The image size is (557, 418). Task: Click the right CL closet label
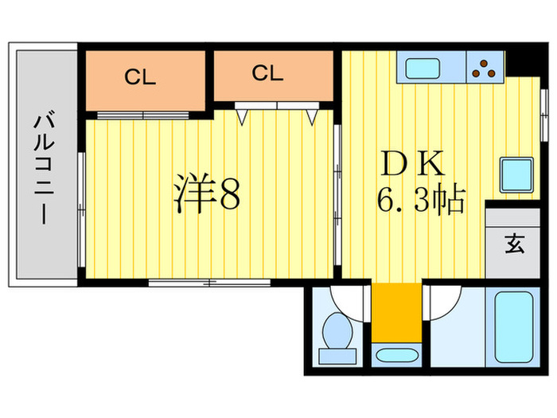tap(268, 74)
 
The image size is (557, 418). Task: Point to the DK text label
tap(413, 165)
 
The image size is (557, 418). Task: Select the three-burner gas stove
tap(485, 68)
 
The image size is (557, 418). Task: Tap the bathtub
tap(514, 326)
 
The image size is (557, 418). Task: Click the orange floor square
tap(395, 311)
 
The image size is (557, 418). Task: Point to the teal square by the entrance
tap(516, 173)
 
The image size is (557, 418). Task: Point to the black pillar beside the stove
tap(518, 61)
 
